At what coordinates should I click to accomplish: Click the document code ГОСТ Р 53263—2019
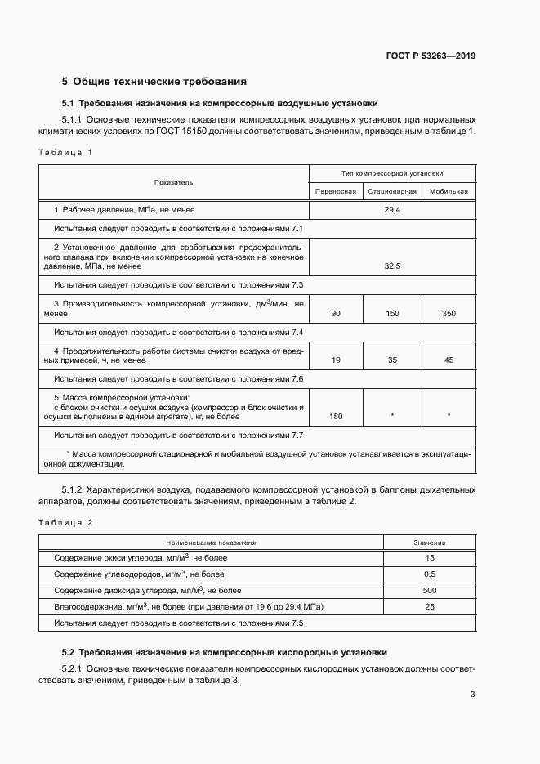click(431, 56)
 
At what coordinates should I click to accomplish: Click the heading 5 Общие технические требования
click(154, 82)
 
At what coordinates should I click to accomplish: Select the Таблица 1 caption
click(66, 152)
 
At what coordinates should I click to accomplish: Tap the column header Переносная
click(336, 191)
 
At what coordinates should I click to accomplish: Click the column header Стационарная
click(392, 191)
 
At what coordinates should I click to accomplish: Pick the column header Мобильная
click(449, 191)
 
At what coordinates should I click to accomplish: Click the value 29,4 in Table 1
click(392, 210)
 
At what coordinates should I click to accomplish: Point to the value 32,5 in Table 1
click(392, 266)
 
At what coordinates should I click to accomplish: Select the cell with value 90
click(336, 313)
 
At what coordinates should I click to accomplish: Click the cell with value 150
click(392, 313)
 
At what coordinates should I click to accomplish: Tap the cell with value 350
click(449, 313)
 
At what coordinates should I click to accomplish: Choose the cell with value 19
click(336, 360)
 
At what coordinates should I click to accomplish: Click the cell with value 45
click(449, 360)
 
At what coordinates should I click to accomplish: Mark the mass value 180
click(336, 417)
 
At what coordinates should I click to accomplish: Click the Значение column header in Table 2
click(430, 542)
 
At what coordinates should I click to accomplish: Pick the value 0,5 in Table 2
click(430, 574)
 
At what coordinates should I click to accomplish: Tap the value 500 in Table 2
click(430, 590)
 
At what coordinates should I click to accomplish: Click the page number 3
click(472, 695)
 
